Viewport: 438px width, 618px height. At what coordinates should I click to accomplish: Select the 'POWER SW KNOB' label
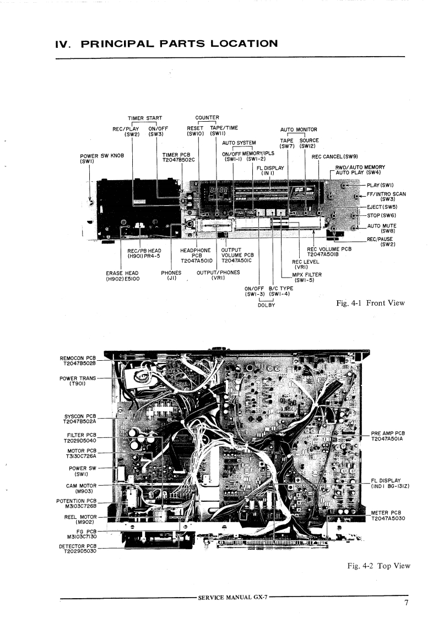pos(101,158)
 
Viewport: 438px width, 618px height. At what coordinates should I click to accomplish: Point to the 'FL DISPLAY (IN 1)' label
pos(270,170)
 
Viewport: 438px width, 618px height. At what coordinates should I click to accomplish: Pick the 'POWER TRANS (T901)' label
pos(78,381)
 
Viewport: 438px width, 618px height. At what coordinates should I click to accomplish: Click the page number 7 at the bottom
pos(406,603)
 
